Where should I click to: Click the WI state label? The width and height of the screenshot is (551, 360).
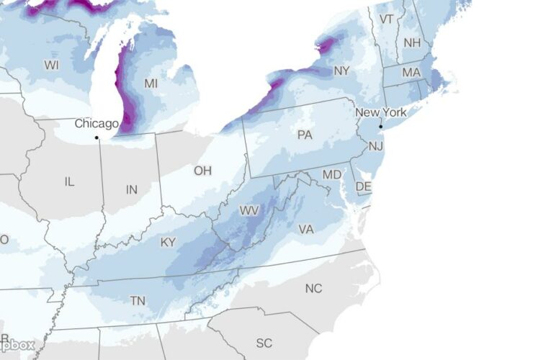[51, 65]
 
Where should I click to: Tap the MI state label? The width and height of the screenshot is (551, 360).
[151, 84]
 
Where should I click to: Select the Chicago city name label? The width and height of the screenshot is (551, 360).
[97, 124]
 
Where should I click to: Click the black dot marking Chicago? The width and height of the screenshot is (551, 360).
[97, 137]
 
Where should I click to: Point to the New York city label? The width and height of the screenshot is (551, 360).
[382, 113]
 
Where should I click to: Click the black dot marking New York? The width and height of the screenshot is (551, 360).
[380, 127]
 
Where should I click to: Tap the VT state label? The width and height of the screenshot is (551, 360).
[387, 19]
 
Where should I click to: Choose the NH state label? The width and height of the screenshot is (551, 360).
[412, 43]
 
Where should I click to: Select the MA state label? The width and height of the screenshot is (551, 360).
[411, 73]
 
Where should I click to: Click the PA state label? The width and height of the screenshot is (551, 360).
[305, 135]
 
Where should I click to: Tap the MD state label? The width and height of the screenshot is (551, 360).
[332, 175]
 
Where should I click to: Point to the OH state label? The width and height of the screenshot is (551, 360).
[203, 171]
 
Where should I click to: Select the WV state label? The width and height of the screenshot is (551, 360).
[249, 211]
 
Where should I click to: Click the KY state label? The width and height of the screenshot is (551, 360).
[168, 243]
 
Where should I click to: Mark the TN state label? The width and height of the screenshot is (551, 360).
[137, 300]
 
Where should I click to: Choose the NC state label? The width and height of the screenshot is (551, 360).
[313, 288]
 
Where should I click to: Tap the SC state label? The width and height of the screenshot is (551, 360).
[264, 342]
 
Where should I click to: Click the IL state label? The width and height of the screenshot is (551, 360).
[69, 182]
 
